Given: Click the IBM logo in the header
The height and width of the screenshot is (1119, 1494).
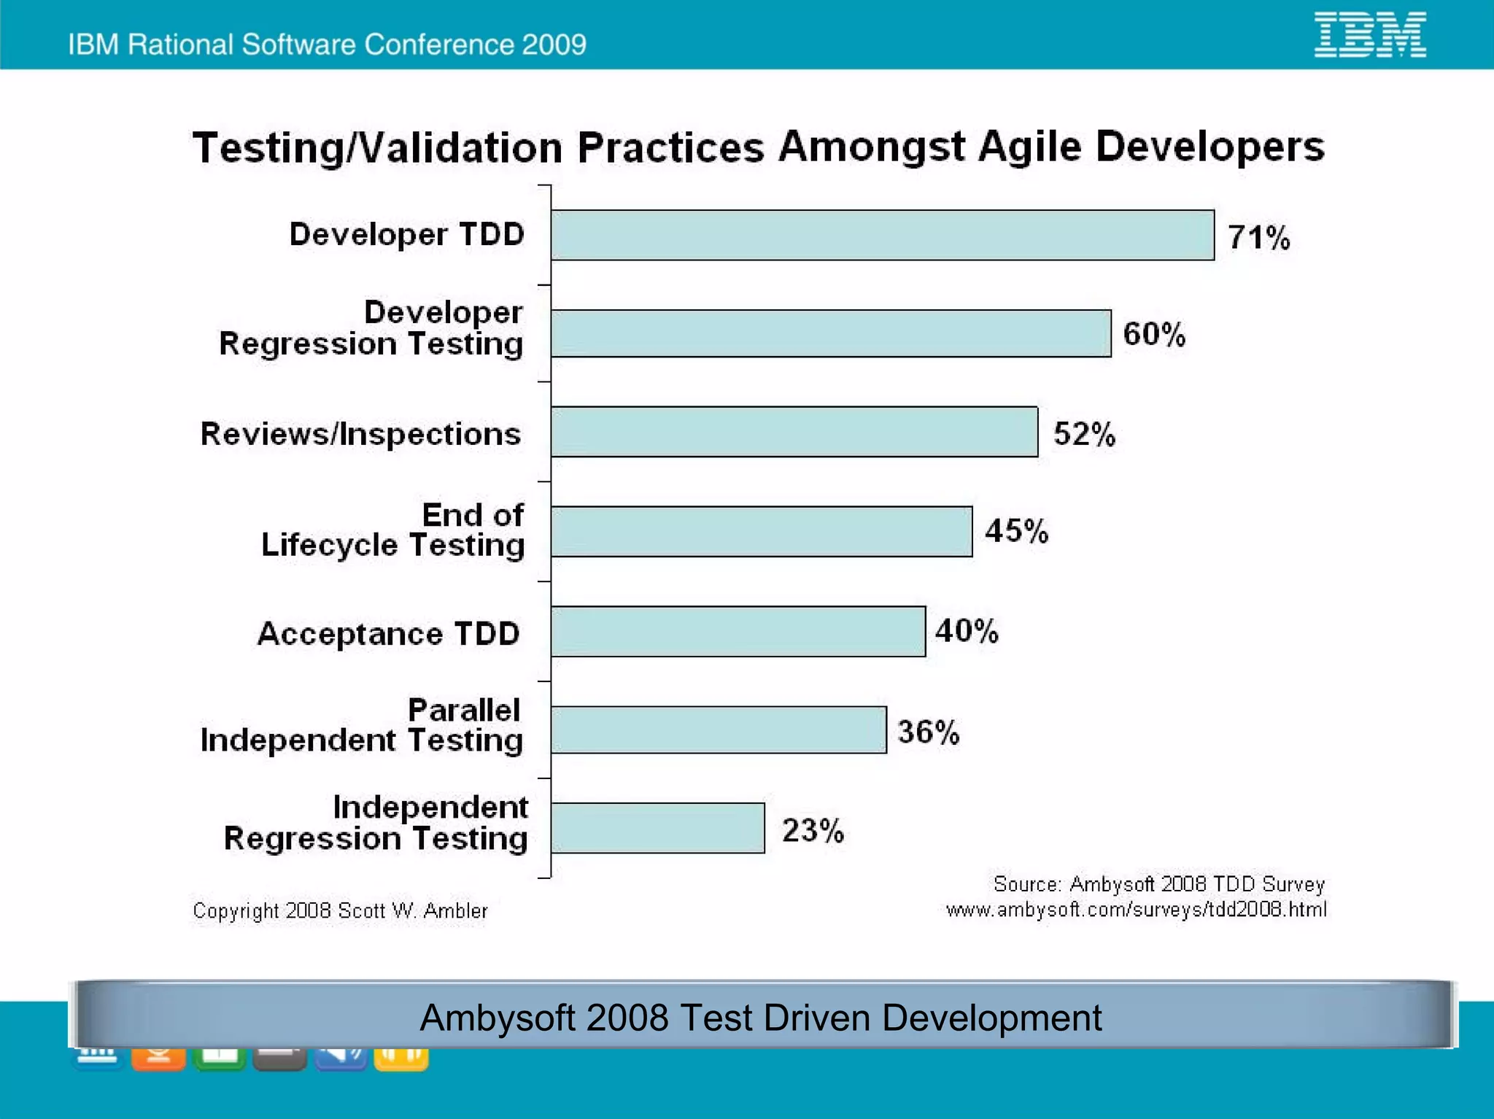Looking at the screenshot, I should (x=1370, y=34).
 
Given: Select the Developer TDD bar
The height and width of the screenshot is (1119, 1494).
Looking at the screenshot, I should (x=882, y=235).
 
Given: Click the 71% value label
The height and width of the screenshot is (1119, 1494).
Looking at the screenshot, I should (x=1258, y=238).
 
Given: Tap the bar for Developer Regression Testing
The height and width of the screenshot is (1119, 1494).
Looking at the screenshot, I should (x=831, y=333).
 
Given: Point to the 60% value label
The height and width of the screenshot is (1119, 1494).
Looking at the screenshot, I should (x=1154, y=334).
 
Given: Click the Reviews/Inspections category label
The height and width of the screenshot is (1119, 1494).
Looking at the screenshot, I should (x=360, y=434).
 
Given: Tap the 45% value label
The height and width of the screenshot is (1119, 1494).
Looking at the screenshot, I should (x=1016, y=531).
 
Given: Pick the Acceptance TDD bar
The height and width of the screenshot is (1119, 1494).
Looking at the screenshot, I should (x=738, y=632).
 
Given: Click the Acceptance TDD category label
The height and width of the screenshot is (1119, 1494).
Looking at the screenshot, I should (x=388, y=633).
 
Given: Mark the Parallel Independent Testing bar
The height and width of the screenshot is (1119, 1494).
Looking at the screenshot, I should (x=719, y=729).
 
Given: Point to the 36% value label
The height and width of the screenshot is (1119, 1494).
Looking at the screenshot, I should (x=928, y=732).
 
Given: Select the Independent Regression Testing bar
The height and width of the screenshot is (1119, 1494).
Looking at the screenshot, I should (x=657, y=828).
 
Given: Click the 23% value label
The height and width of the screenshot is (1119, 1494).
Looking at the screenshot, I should (x=813, y=830).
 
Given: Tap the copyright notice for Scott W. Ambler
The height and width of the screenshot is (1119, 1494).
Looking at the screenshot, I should (x=340, y=910).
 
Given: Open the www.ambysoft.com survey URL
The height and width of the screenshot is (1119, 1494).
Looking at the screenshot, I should (x=1136, y=910).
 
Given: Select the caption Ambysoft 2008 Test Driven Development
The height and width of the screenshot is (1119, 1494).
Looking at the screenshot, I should (x=761, y=1017).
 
